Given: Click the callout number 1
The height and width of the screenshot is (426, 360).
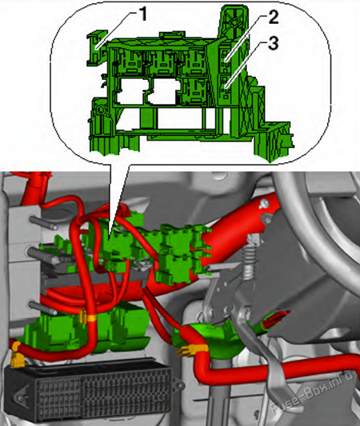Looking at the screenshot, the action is (142, 14).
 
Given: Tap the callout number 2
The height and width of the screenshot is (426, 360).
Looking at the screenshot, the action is (273, 17).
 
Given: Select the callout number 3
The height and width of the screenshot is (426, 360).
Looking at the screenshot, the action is (273, 43).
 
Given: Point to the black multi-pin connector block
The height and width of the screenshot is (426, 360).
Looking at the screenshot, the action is (89, 391).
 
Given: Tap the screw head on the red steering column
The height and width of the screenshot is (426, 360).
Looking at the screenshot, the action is (263, 203).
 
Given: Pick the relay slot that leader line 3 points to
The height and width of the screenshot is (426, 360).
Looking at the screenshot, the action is (225, 86).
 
